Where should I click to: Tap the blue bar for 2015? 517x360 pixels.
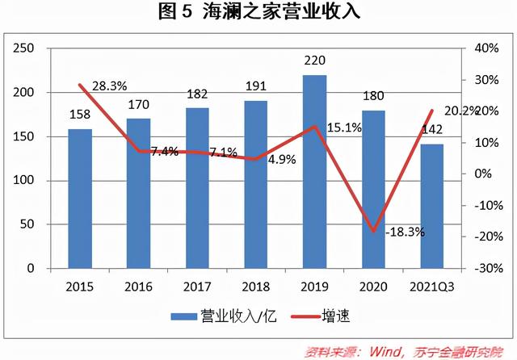coord(80,198)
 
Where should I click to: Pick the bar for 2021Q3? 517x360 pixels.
coord(432,206)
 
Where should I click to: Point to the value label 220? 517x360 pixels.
coord(315,60)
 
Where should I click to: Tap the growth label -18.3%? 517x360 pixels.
coord(405,232)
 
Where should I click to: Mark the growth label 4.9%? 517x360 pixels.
coord(282,159)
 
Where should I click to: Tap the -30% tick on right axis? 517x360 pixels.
coord(482,268)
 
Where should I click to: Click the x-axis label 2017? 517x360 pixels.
coord(197,287)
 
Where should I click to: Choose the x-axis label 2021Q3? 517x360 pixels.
coord(432,287)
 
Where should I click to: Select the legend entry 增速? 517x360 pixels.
coord(333,315)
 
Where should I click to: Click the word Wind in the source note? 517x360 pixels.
coord(392,351)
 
